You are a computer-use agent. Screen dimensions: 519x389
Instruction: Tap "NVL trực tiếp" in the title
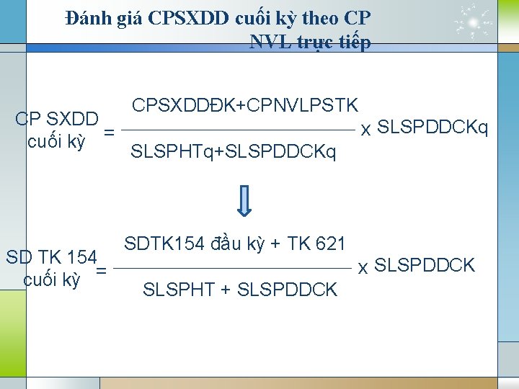click(x=311, y=42)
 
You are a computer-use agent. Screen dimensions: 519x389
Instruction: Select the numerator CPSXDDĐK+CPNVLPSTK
click(x=245, y=105)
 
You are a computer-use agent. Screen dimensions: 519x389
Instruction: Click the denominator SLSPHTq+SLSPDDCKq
click(x=232, y=152)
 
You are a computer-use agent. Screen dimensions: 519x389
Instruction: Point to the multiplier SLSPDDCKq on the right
click(x=433, y=128)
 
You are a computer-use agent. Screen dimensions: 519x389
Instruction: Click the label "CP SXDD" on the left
click(x=57, y=118)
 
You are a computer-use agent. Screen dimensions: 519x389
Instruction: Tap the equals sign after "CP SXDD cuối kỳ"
click(x=109, y=132)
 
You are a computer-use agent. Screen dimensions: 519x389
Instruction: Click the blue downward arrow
click(x=245, y=201)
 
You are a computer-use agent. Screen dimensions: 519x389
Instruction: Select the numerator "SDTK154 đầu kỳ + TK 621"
click(x=235, y=243)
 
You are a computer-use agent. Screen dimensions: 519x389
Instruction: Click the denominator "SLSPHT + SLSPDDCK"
click(x=240, y=290)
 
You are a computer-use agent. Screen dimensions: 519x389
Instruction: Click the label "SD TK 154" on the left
click(x=51, y=256)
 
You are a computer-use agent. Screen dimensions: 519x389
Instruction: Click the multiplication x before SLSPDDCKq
click(x=366, y=130)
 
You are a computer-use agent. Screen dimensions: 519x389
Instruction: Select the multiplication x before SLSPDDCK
click(x=364, y=268)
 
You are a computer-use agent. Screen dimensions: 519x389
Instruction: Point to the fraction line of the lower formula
click(x=234, y=268)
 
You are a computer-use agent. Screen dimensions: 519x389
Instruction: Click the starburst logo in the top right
click(x=474, y=24)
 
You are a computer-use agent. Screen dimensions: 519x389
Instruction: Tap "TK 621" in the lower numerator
click(x=317, y=243)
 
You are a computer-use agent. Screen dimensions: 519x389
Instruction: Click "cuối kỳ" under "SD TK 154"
click(x=52, y=280)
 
